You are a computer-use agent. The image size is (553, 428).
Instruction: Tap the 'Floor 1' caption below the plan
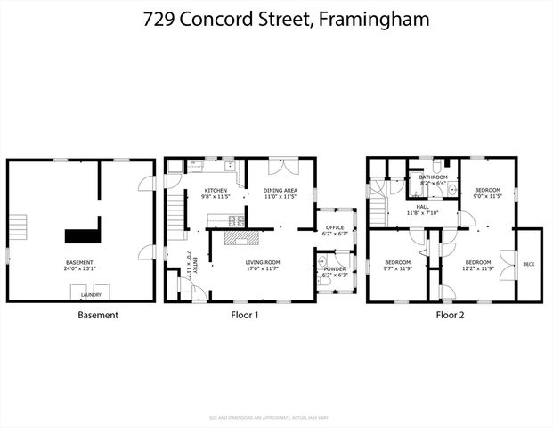tap(239, 315)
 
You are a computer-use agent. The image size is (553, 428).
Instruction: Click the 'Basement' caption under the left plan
tap(98, 315)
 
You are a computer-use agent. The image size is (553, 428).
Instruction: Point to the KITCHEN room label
tap(216, 191)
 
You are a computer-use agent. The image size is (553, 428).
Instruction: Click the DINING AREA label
tap(280, 191)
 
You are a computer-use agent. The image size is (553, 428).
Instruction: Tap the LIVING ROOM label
tap(263, 262)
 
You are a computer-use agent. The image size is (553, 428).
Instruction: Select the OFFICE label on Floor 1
tap(335, 227)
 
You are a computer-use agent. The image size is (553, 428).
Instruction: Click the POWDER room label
tap(335, 268)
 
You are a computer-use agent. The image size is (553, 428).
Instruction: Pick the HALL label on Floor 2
tap(423, 207)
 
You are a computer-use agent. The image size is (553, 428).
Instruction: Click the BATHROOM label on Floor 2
tap(433, 177)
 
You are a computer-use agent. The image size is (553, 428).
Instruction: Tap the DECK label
tap(529, 264)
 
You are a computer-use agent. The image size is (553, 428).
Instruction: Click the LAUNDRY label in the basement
tap(91, 295)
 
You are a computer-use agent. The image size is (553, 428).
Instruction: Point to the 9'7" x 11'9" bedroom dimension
tap(396, 268)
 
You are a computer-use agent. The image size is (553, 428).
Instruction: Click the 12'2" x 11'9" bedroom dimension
tap(478, 268)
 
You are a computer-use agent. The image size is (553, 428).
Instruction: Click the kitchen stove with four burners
tap(236, 220)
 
